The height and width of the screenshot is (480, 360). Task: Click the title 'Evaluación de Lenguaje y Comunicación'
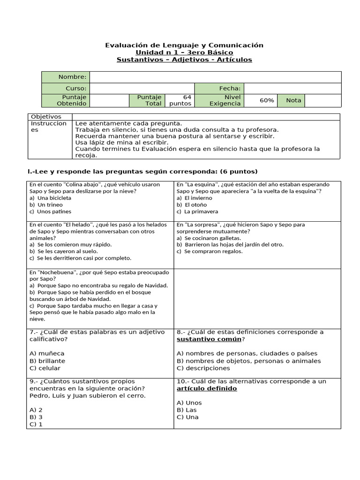184,45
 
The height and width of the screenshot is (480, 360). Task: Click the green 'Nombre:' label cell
66,77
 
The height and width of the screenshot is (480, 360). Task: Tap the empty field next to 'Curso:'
142,89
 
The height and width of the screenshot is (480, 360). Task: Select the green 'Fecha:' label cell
219,89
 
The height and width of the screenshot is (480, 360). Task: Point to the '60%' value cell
267,100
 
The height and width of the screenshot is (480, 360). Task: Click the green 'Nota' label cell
293,100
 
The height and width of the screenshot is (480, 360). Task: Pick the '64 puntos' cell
180,100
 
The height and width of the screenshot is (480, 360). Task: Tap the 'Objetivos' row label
45,116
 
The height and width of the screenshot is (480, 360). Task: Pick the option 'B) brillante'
47,361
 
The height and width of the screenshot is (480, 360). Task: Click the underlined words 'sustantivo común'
209,339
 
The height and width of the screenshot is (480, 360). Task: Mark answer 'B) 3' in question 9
36,417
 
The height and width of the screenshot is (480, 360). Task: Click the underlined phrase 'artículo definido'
207,389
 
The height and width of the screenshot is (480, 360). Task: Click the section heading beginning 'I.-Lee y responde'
143,171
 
